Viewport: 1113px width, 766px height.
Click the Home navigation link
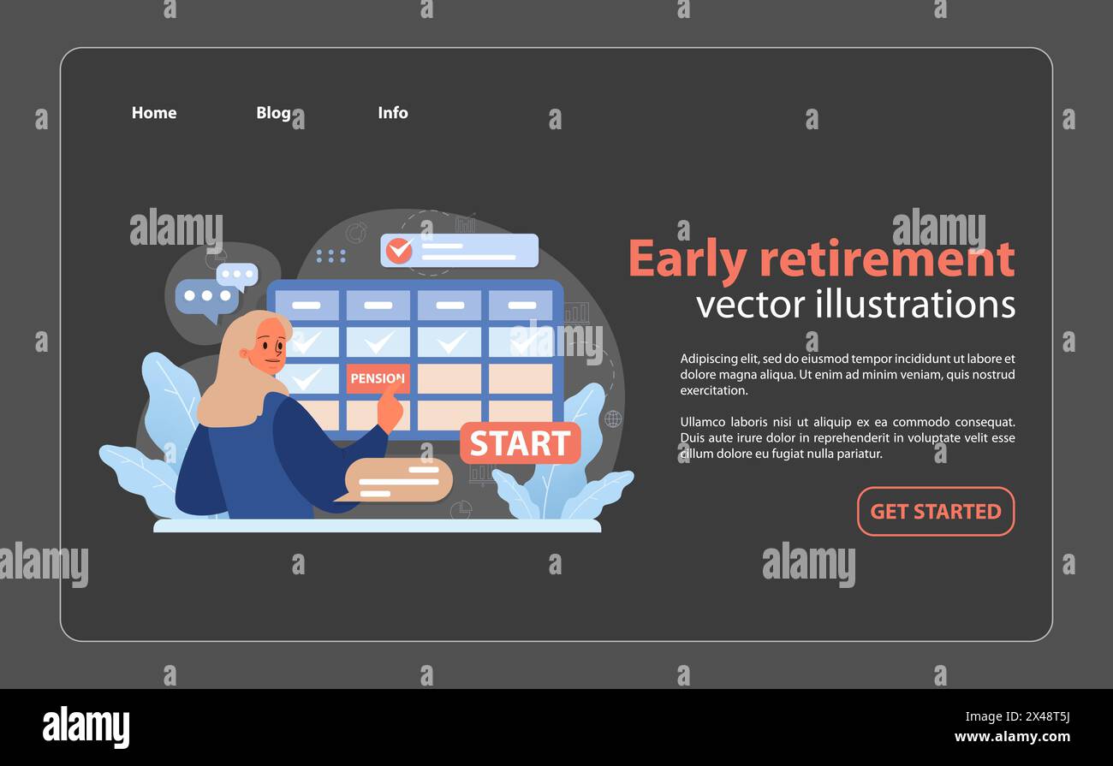click(x=154, y=113)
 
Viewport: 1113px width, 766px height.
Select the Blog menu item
click(x=273, y=113)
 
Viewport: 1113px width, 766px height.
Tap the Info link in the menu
click(x=393, y=113)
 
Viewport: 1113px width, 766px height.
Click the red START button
click(x=520, y=443)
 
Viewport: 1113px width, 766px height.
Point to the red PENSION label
click(x=377, y=378)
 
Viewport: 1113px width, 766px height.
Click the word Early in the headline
click(x=686, y=260)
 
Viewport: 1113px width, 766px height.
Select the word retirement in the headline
click(x=887, y=260)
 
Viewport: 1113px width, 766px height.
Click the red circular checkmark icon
click(x=399, y=251)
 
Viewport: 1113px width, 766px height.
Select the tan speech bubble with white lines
click(x=398, y=480)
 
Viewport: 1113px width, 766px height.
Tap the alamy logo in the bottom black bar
click(x=86, y=727)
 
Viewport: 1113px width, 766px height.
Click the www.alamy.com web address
click(x=1012, y=737)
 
